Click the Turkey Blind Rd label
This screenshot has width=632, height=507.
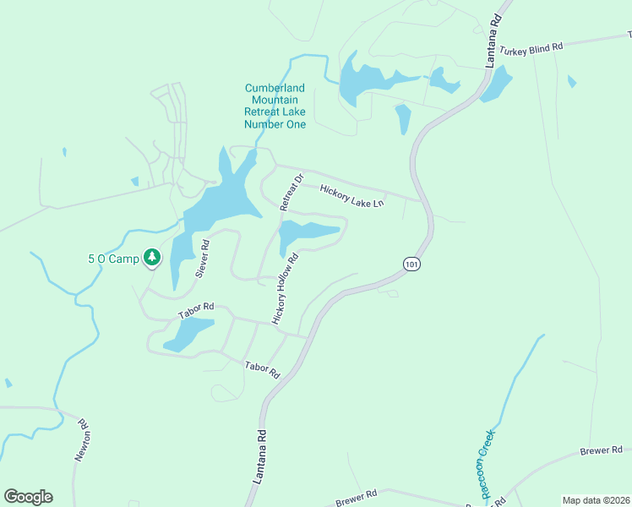pyautogui.click(x=531, y=50)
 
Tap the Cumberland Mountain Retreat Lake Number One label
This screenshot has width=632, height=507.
pyautogui.click(x=275, y=106)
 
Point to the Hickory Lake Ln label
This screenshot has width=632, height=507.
pyautogui.click(x=352, y=197)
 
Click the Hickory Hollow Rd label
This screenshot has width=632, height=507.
pyautogui.click(x=286, y=289)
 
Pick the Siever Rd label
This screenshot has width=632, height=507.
pyautogui.click(x=202, y=259)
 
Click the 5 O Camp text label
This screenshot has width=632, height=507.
pyautogui.click(x=112, y=259)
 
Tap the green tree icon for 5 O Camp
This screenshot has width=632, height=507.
pyautogui.click(x=151, y=256)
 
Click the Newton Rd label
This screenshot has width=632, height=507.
pyautogui.click(x=83, y=440)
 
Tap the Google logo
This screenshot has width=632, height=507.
pyautogui.click(x=28, y=497)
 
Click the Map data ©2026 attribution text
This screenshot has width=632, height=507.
pyautogui.click(x=596, y=500)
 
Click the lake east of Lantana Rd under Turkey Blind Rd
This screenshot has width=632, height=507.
pyautogui.click(x=498, y=84)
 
